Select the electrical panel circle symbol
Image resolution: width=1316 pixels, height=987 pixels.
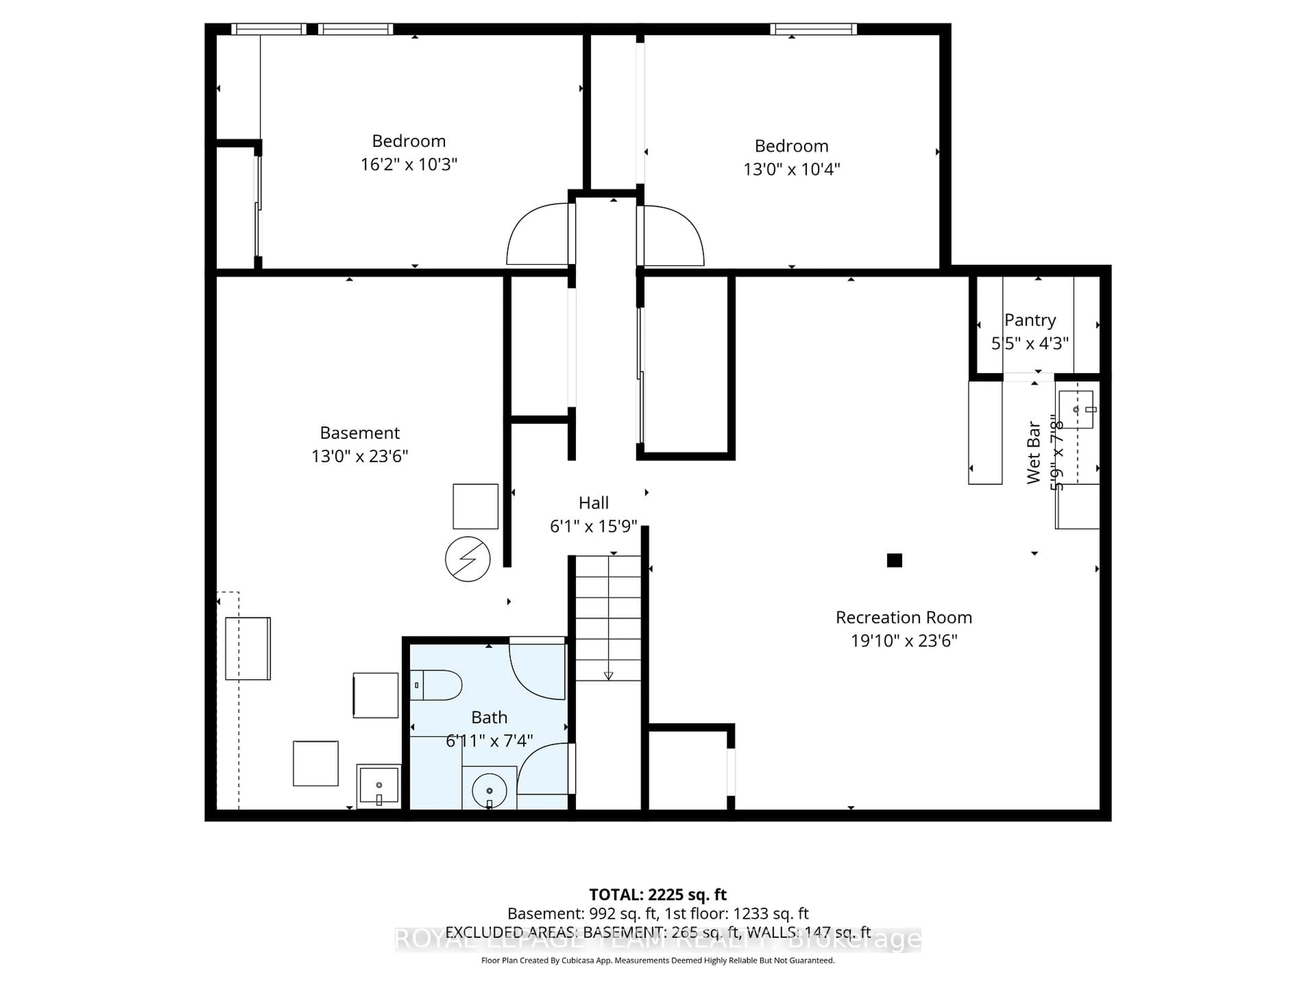467,559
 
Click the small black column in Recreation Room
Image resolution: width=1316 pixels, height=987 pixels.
894,560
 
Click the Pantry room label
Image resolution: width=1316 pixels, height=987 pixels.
1030,320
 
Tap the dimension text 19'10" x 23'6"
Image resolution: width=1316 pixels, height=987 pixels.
904,641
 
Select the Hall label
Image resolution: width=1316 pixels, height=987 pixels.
593,503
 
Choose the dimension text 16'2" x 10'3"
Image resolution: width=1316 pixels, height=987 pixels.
409,164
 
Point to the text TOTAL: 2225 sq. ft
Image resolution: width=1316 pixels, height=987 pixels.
657,894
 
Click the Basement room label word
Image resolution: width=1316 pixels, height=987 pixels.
360,432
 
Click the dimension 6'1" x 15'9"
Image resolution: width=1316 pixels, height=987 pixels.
593,526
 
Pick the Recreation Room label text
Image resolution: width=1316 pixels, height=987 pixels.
904,618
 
